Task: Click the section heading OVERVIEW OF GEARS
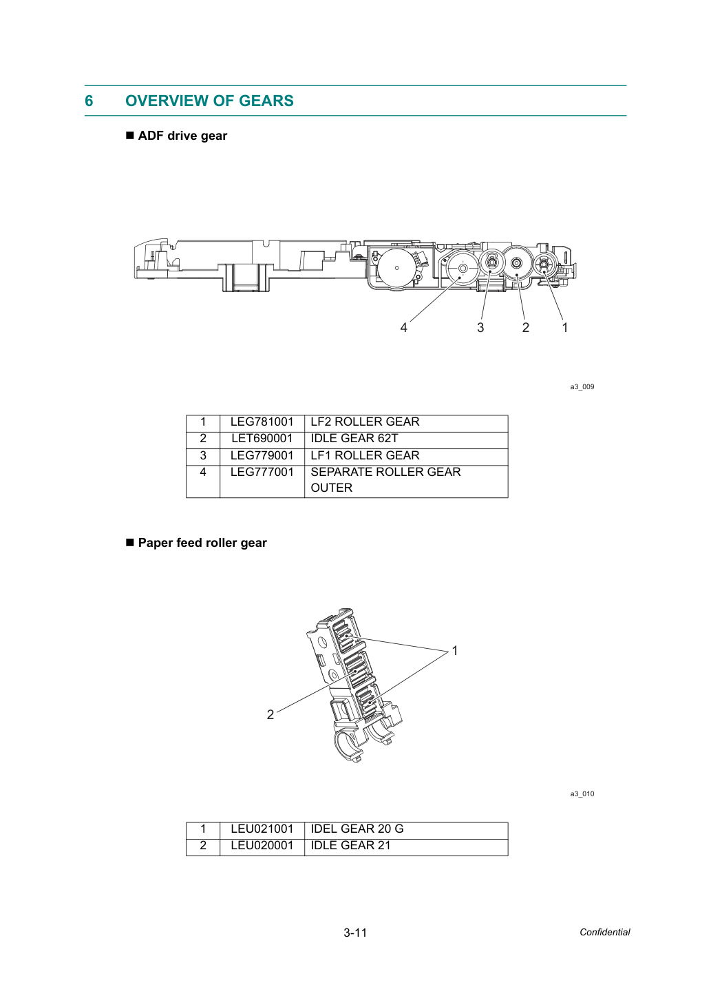point(209,101)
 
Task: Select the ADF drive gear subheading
point(182,136)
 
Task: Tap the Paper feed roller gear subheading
point(202,543)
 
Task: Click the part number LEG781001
point(262,422)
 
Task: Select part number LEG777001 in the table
point(262,472)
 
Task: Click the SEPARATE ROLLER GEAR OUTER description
point(386,479)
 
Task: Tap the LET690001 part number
point(262,438)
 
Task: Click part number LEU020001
point(262,845)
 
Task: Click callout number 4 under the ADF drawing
point(404,328)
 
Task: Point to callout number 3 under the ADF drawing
point(480,328)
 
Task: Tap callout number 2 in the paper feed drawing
point(270,714)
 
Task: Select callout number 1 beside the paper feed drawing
point(455,650)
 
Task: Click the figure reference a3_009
point(582,386)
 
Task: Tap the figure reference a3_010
point(582,793)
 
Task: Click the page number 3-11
point(355,933)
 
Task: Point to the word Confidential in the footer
point(604,932)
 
